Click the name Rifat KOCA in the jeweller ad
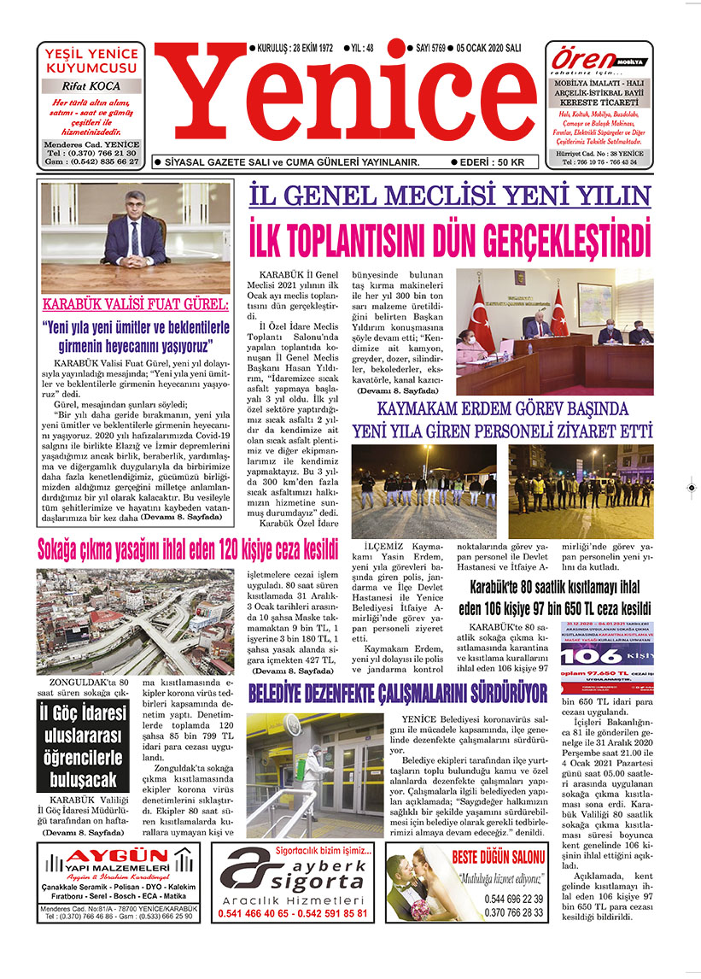[x=91, y=85]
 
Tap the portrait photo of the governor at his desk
[x=136, y=237]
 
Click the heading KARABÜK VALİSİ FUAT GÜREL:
[x=136, y=304]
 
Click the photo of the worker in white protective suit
[x=313, y=775]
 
